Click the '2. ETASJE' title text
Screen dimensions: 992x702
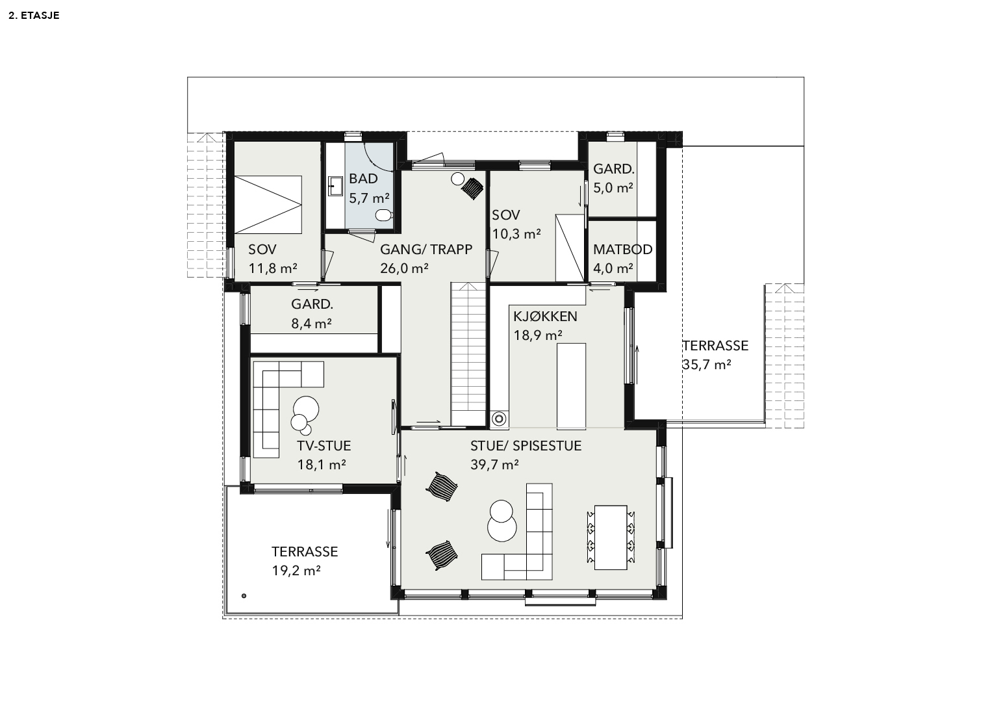[x=34, y=16]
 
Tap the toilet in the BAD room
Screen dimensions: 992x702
[x=383, y=215]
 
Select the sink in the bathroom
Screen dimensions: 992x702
[x=335, y=186]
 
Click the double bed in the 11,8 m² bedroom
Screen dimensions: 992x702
[x=268, y=204]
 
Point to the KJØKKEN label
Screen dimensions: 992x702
[x=545, y=317]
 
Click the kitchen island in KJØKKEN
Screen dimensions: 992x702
[x=571, y=385]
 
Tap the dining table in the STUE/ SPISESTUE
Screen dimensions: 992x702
[x=610, y=537]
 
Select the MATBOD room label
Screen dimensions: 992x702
[x=622, y=250]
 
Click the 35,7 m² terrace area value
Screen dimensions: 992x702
[x=707, y=365]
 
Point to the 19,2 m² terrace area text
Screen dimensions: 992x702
[x=296, y=571]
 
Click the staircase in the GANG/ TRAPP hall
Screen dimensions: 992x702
[x=468, y=354]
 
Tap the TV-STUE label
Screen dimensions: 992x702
[x=324, y=446]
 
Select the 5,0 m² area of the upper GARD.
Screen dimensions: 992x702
[x=613, y=188]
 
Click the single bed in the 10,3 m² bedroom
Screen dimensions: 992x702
[x=570, y=248]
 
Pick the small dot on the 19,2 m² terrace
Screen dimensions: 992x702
[x=244, y=596]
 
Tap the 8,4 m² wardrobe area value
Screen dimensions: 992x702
[x=311, y=324]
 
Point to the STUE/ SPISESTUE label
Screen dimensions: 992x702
[x=526, y=446]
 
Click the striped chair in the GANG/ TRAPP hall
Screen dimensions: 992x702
[x=472, y=188]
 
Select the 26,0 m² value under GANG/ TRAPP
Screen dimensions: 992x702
[x=404, y=268]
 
